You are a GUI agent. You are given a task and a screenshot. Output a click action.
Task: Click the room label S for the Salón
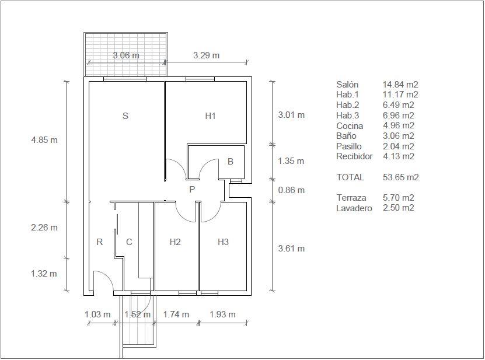125,116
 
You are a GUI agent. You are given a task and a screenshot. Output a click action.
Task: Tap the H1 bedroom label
210,116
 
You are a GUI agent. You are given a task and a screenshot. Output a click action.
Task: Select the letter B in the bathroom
230,162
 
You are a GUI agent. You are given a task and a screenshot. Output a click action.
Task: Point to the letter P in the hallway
192,189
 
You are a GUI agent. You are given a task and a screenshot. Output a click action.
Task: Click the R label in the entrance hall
100,242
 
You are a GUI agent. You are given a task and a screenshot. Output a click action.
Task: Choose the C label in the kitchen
130,242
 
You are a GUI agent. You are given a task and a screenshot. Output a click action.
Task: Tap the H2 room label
175,242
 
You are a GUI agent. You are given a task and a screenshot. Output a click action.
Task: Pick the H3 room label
223,242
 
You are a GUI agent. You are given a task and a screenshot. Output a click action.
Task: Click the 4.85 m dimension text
44,140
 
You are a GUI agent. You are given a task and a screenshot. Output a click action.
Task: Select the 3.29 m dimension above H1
206,55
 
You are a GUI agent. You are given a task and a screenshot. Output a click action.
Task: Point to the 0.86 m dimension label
291,190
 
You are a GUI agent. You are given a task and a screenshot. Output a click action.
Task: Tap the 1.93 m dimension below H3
223,314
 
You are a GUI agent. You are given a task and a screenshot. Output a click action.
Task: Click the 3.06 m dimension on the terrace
126,55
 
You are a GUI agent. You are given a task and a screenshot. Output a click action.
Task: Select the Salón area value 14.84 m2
400,85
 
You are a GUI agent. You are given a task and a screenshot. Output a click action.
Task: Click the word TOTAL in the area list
350,177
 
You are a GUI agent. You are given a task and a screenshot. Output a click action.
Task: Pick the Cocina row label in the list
350,126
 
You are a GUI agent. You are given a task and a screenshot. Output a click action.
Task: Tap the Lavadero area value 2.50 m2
399,208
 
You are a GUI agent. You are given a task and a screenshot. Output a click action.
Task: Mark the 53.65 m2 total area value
401,177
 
